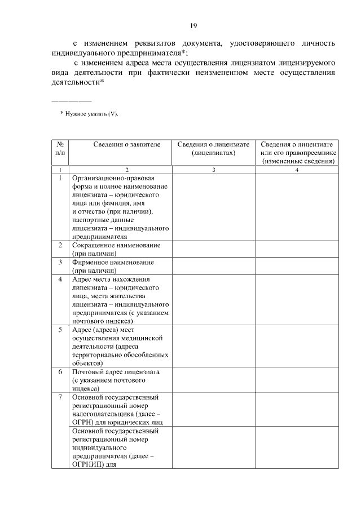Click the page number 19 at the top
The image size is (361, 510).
tap(192, 25)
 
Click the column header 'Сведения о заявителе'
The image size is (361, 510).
tap(127, 145)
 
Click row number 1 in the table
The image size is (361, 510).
tap(60, 178)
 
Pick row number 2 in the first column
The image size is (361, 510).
tap(60, 246)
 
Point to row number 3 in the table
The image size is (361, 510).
tap(60, 263)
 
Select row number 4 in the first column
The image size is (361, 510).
tap(60, 280)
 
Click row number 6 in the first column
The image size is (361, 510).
tap(60, 372)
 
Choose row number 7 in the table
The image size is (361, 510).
tap(60, 397)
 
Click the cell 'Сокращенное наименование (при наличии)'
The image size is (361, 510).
tap(116, 250)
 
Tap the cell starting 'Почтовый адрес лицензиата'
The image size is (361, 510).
tap(116, 380)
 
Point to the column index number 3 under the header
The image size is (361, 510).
tap(213, 170)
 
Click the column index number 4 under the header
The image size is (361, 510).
tap(297, 170)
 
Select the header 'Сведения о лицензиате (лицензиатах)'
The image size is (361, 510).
tap(213, 149)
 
